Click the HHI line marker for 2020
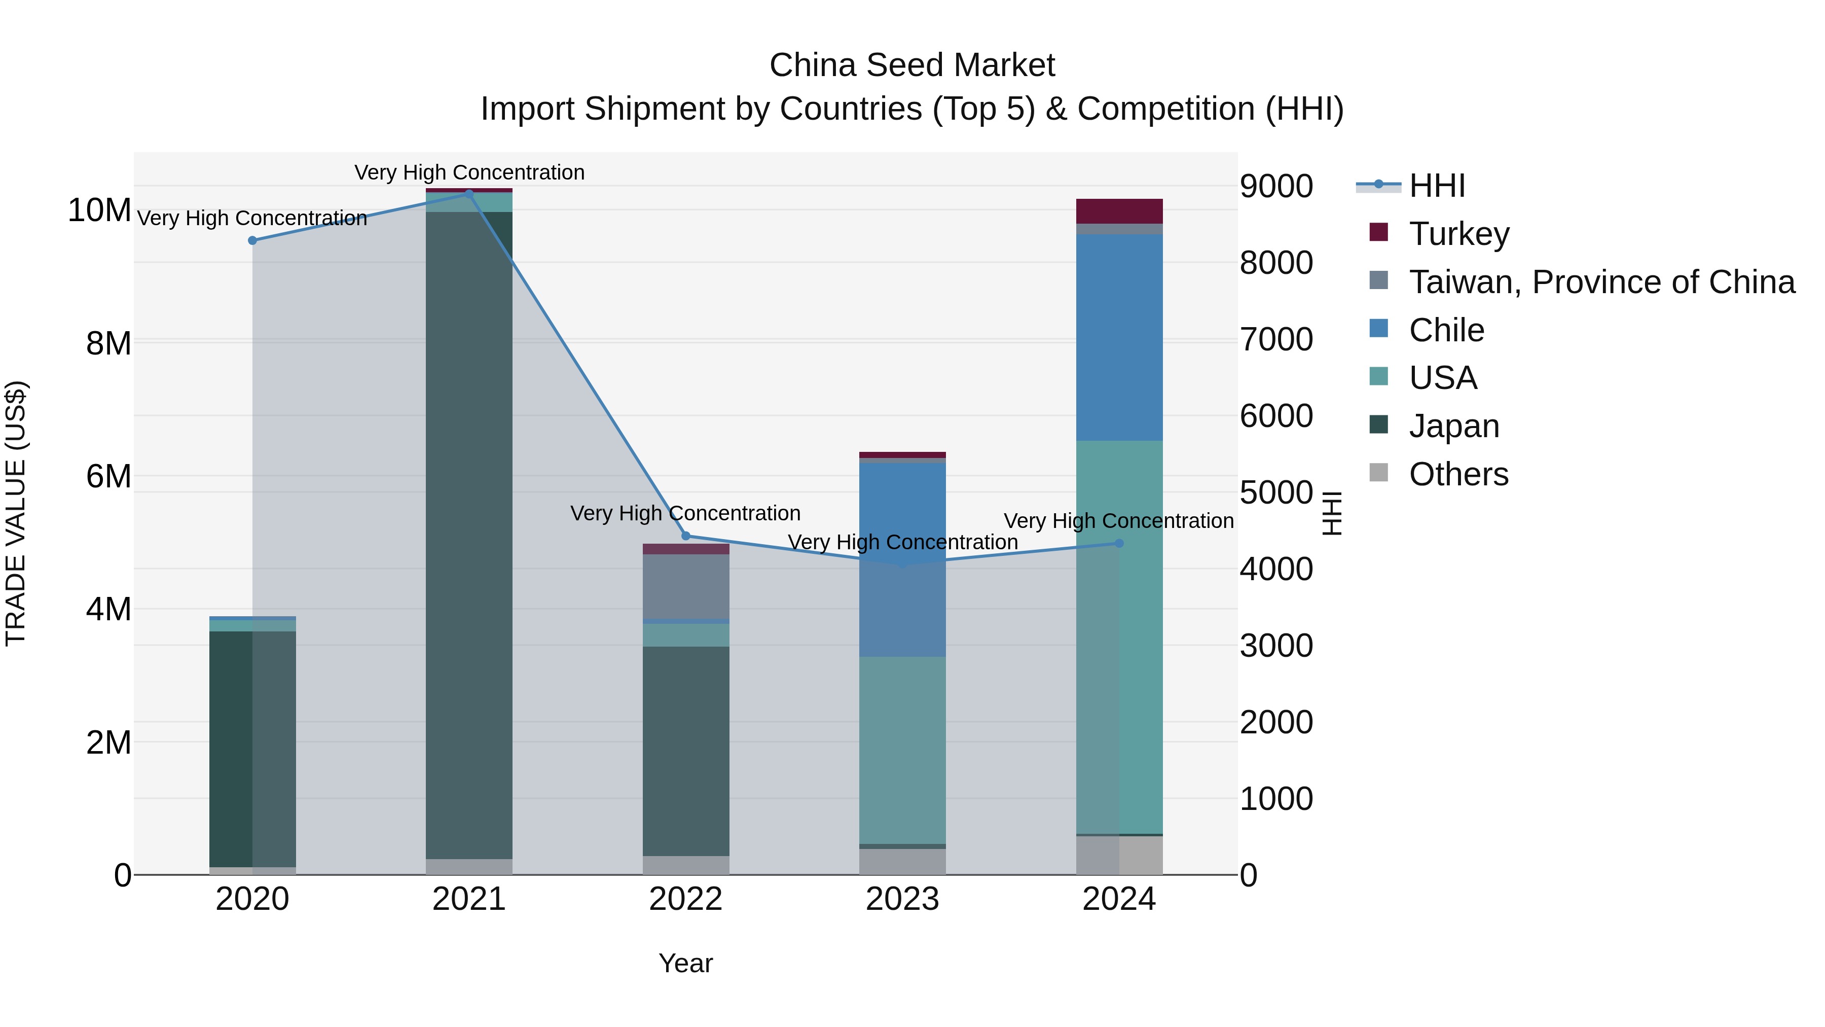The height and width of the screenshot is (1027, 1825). pyautogui.click(x=252, y=240)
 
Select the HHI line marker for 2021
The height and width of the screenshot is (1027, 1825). pyautogui.click(x=469, y=194)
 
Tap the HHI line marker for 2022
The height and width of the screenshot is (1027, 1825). pyautogui.click(x=686, y=536)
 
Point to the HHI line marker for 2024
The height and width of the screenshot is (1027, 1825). pyautogui.click(x=1119, y=544)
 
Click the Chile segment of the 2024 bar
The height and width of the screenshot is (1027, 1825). pyautogui.click(x=1119, y=337)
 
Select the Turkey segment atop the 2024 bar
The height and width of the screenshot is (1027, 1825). pyautogui.click(x=1119, y=211)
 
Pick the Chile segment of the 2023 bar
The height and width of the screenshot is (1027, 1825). pyautogui.click(x=902, y=559)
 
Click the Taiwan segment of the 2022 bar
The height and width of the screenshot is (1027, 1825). pyautogui.click(x=686, y=587)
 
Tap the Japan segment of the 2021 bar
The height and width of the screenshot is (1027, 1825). pyautogui.click(x=469, y=535)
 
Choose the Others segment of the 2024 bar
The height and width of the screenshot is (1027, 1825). pyautogui.click(x=1119, y=856)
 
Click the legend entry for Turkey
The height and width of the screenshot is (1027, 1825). pyautogui.click(x=1458, y=234)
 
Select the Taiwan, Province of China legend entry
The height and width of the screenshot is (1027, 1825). pyautogui.click(x=1601, y=282)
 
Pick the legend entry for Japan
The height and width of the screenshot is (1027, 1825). pyautogui.click(x=1454, y=426)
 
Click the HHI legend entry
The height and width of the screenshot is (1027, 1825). pyautogui.click(x=1436, y=186)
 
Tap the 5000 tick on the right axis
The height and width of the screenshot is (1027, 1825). pyautogui.click(x=1276, y=492)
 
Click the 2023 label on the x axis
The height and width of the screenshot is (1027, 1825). pyautogui.click(x=902, y=899)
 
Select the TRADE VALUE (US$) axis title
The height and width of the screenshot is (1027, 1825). pyautogui.click(x=16, y=513)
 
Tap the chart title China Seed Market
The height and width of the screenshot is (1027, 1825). pyautogui.click(x=912, y=65)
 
